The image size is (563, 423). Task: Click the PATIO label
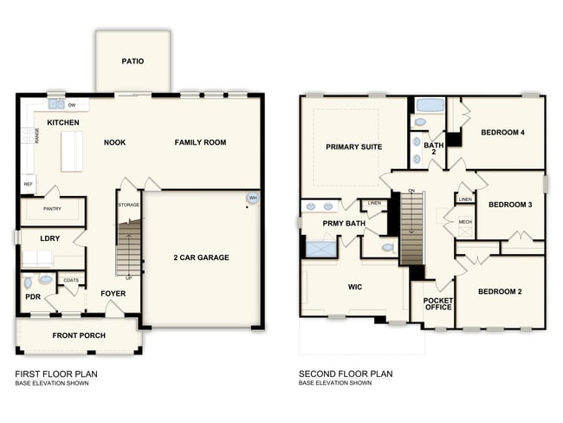[x=133, y=62]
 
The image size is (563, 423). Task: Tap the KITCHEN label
[x=63, y=123]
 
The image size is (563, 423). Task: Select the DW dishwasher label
[x=73, y=105]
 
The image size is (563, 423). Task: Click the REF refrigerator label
[x=28, y=184]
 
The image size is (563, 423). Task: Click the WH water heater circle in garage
[x=252, y=198]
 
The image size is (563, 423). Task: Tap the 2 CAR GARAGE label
[x=201, y=258]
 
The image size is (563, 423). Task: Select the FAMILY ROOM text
[x=200, y=142]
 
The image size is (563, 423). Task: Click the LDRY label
[x=49, y=238]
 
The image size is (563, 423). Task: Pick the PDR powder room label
[x=33, y=296]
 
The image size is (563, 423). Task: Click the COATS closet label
[x=71, y=280]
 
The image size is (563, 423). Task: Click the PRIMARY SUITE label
[x=353, y=147]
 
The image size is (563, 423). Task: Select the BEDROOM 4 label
[x=503, y=132]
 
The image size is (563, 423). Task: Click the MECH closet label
[x=465, y=222]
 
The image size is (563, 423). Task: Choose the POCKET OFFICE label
[x=437, y=305]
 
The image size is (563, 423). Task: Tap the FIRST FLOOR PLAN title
[x=56, y=374]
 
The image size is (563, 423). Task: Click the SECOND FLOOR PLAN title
[x=346, y=374]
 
